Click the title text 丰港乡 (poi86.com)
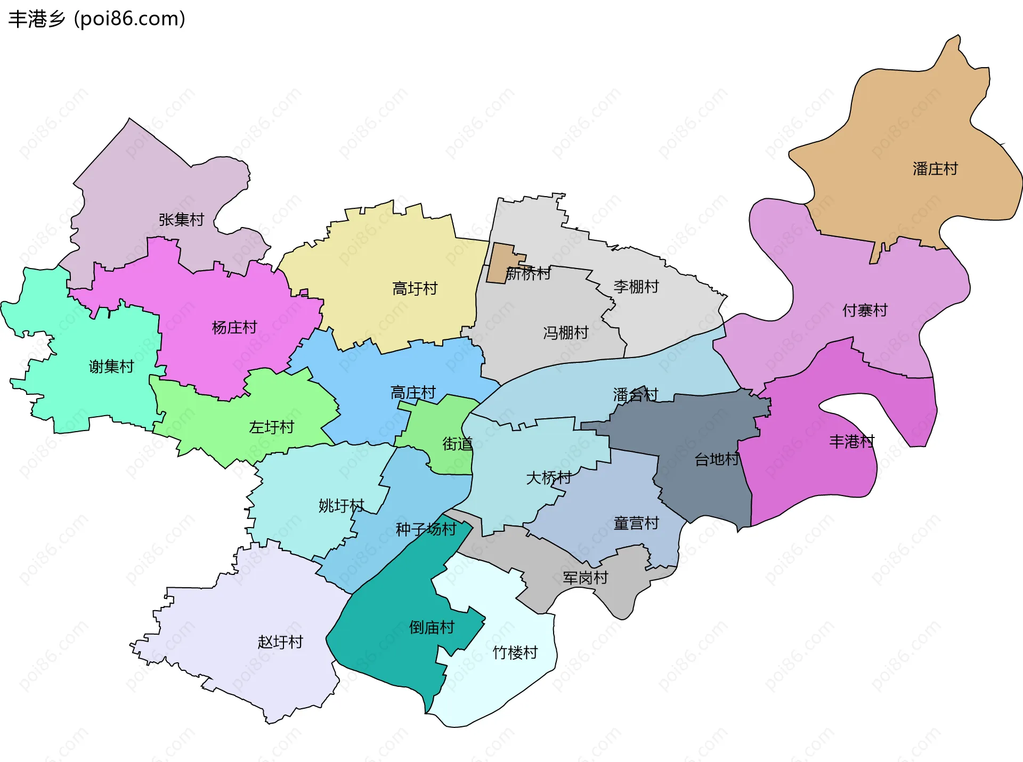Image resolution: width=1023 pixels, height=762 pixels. [97, 19]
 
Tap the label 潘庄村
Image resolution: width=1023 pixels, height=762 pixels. [935, 169]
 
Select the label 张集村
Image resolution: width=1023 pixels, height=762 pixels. [181, 220]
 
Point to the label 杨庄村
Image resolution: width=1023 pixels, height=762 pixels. [234, 327]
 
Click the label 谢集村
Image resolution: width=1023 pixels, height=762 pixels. [111, 367]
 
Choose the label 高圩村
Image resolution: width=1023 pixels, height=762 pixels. [415, 289]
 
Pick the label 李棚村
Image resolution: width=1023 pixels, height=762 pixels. [636, 287]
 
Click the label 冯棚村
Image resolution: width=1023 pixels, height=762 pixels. [565, 333]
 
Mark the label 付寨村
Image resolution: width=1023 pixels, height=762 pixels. [864, 310]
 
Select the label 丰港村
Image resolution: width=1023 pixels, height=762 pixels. [851, 441]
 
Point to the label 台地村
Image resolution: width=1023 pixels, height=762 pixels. [717, 459]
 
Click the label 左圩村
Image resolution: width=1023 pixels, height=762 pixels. [271, 427]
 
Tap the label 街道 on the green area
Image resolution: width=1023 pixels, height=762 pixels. [457, 444]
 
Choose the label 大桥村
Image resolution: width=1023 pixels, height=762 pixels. [549, 477]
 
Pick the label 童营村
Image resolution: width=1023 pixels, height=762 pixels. [636, 523]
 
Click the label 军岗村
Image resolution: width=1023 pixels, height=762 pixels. [585, 578]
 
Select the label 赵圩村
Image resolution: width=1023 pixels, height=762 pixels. [280, 642]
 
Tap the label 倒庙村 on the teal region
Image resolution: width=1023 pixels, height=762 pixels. [432, 628]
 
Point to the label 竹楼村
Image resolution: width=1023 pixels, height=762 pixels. [515, 653]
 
